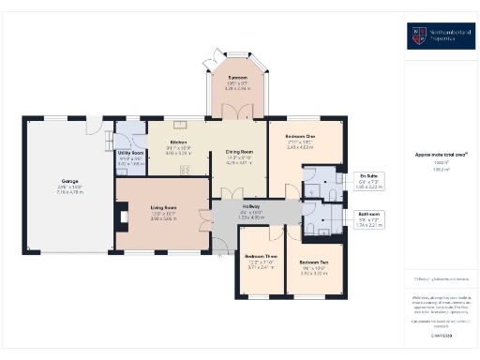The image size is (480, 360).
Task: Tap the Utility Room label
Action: click(130, 151)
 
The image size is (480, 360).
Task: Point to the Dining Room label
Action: click(239, 151)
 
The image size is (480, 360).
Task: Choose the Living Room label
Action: click(163, 208)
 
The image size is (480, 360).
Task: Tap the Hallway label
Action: click(252, 206)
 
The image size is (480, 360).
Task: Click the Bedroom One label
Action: click(299, 137)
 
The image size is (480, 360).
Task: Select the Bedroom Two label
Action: click(313, 261)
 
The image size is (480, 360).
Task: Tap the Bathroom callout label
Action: click(370, 214)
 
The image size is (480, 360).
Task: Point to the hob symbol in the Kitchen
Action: click(186, 171)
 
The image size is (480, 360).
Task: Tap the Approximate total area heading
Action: click(442, 154)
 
